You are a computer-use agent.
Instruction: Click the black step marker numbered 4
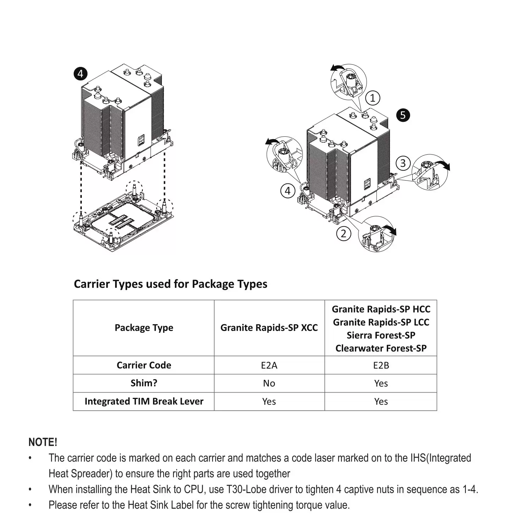pyautogui.click(x=80, y=74)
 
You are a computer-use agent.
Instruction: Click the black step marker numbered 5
pyautogui.click(x=403, y=115)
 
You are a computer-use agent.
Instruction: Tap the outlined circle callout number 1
pyautogui.click(x=373, y=98)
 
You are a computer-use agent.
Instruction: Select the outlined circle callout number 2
pyautogui.click(x=344, y=234)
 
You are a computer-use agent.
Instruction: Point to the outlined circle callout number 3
pyautogui.click(x=403, y=163)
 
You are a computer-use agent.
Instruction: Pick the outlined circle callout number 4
pyautogui.click(x=288, y=191)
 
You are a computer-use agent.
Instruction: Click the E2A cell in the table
pyautogui.click(x=269, y=365)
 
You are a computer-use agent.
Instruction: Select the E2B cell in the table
pyautogui.click(x=381, y=365)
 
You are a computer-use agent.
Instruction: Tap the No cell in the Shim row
pyautogui.click(x=269, y=383)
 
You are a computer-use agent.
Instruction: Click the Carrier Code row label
pyautogui.click(x=144, y=365)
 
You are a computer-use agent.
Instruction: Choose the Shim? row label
pyautogui.click(x=144, y=383)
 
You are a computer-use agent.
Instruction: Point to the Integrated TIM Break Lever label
pyautogui.click(x=144, y=401)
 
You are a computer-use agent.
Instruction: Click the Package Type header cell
pyautogui.click(x=144, y=328)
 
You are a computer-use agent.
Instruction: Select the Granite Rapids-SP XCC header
pyautogui.click(x=269, y=328)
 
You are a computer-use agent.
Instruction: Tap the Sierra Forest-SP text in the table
pyautogui.click(x=381, y=335)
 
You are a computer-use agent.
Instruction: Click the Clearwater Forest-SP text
pyautogui.click(x=381, y=348)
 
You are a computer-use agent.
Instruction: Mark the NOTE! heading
pyautogui.click(x=42, y=442)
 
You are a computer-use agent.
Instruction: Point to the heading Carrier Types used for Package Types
pyautogui.click(x=170, y=284)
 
